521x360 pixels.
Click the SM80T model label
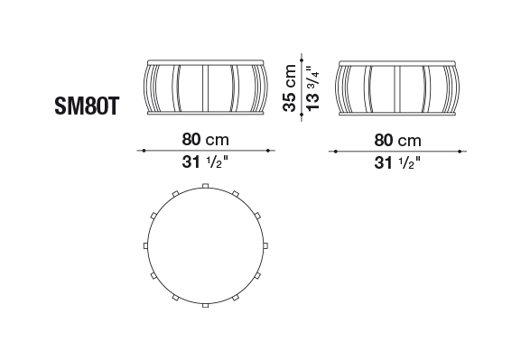tap(87, 106)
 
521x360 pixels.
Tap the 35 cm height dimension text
tap(290, 88)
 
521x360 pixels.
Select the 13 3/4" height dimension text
tap(312, 88)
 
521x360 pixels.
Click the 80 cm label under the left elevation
tap(205, 140)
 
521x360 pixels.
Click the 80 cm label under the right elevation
tap(397, 140)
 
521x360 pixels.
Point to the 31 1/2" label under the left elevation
tap(205, 162)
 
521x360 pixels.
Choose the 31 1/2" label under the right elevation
tap(397, 162)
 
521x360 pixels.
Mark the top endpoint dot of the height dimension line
tap(302, 60)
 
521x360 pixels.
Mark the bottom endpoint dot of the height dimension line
tap(302, 115)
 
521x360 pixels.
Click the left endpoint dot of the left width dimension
tap(144, 151)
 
